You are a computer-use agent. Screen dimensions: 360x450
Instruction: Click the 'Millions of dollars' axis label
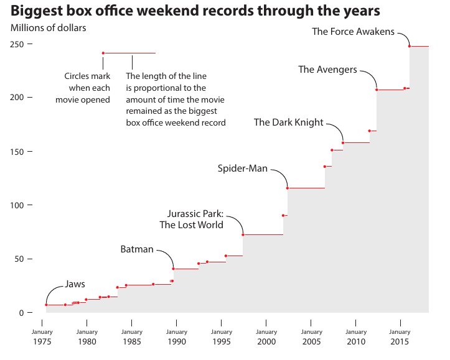point(49,28)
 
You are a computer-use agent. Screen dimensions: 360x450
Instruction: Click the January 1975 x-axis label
point(42,336)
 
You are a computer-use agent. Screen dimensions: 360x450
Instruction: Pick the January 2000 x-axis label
point(266,336)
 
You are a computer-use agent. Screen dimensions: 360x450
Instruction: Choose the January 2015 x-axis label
point(400,336)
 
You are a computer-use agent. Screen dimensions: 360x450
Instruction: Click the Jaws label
point(75,284)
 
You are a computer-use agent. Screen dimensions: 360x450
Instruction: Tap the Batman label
point(136,249)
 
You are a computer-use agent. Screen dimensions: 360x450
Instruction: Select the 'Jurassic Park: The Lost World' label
point(191,219)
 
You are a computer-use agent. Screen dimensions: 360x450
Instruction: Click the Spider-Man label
point(242,168)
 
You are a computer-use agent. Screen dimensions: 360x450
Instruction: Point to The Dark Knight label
point(289,122)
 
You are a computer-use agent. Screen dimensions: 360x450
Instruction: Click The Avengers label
point(327,70)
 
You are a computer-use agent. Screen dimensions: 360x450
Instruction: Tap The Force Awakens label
point(353,32)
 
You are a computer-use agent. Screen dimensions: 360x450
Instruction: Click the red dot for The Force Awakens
point(410,46)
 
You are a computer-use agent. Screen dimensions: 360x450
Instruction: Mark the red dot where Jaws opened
point(46,305)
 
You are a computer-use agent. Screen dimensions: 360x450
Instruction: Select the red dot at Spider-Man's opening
point(287,188)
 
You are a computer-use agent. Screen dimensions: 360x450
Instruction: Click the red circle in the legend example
point(103,53)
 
